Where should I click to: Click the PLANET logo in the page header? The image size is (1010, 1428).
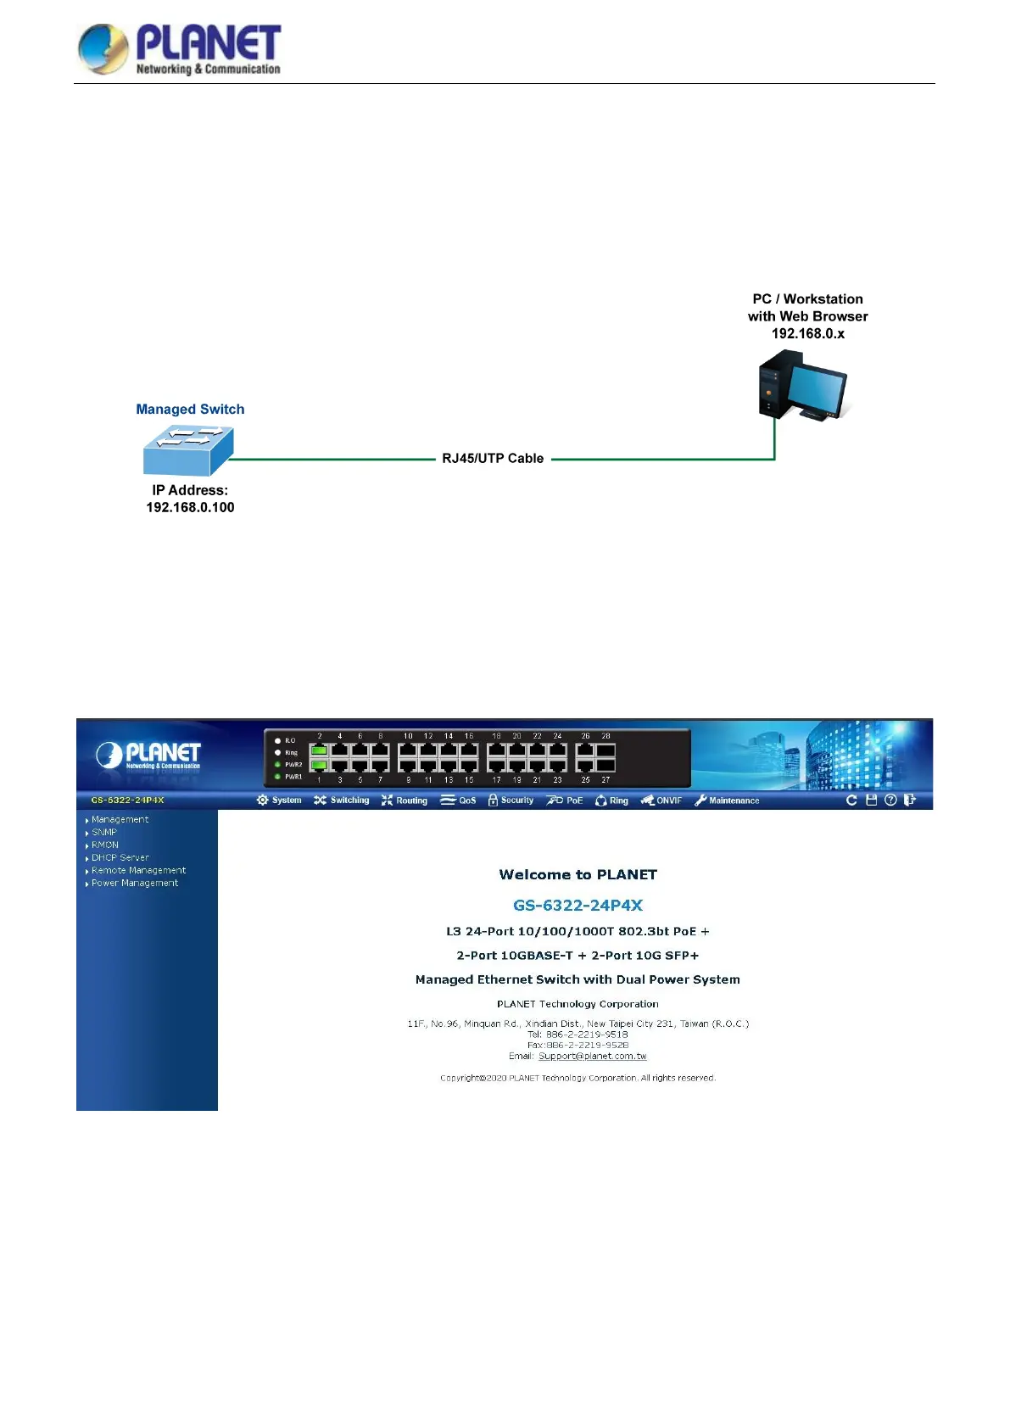coord(179,49)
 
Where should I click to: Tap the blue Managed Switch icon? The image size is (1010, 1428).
coord(187,451)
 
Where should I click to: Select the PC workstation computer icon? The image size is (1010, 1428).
coord(801,388)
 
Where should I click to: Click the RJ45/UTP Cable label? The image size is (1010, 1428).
coord(493,459)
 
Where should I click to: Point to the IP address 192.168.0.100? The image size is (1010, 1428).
coord(190,507)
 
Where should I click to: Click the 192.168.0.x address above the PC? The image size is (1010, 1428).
coord(807,333)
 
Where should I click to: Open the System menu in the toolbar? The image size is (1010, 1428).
coord(280,800)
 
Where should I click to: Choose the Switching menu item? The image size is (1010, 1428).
coord(342,800)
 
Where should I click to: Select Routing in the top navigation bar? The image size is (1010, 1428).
coord(405,800)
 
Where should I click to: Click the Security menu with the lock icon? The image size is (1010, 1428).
coord(511,800)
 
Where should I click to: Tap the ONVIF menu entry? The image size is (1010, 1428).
coord(661,800)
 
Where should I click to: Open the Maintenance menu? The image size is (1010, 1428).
coord(727,800)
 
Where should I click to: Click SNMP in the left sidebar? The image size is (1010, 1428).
coord(104,833)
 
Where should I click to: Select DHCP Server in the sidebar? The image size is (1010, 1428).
coord(120,858)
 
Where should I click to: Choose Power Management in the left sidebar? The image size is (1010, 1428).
coord(134,884)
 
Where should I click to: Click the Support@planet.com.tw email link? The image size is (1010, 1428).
coord(592,1057)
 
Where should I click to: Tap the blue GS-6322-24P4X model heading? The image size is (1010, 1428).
coord(578,906)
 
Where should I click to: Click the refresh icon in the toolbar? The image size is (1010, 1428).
coord(851,800)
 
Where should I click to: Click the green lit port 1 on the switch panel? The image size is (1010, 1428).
coord(319,765)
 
